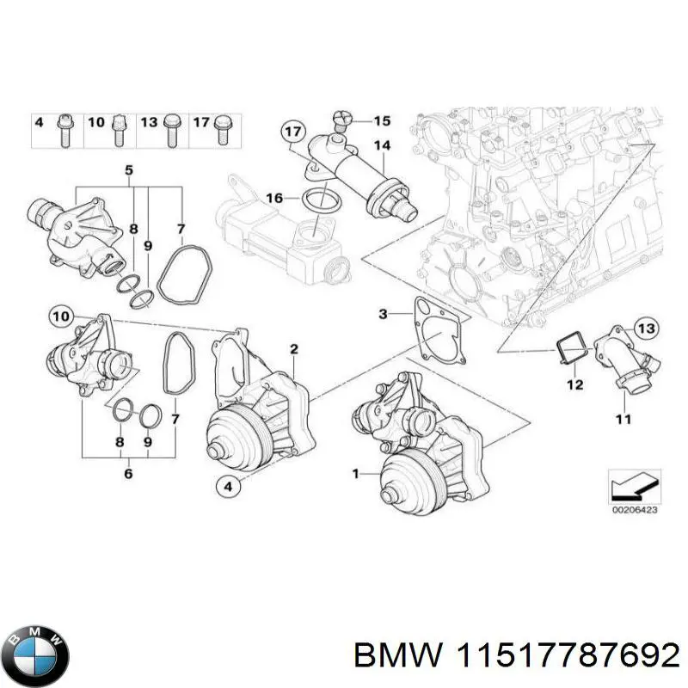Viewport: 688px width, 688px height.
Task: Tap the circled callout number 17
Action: coord(293,132)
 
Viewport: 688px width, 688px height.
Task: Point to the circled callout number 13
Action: coord(646,327)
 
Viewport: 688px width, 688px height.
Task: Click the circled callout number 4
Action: coord(227,488)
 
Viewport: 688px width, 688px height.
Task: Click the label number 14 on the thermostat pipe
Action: coord(382,146)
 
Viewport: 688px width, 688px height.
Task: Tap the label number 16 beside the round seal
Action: coord(273,198)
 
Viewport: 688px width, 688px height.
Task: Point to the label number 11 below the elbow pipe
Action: coord(623,419)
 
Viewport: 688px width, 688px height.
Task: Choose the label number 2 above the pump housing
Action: coord(293,348)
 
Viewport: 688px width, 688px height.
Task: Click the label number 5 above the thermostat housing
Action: coord(129,170)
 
